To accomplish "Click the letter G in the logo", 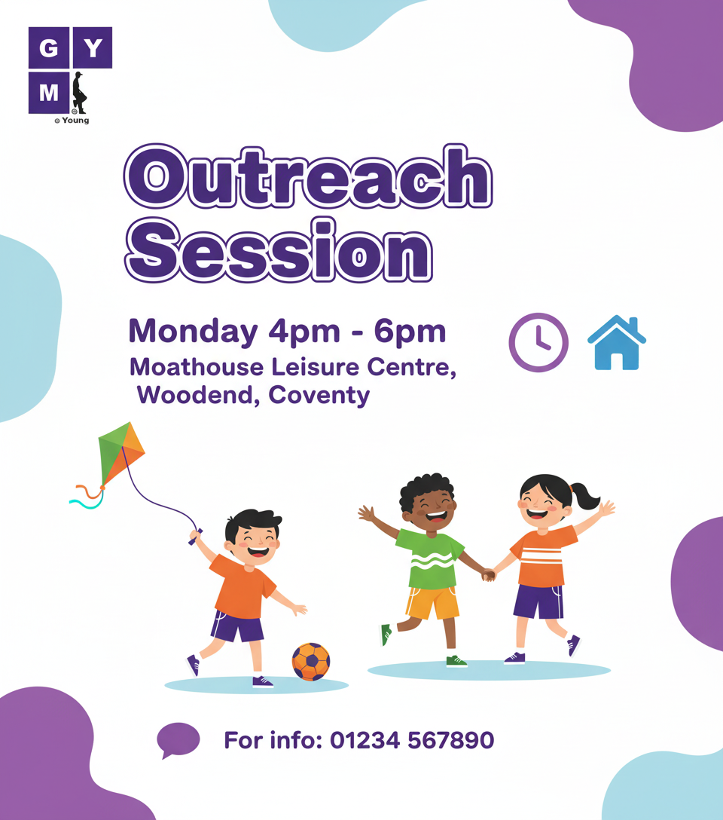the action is [x=49, y=48].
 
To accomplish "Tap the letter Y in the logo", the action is [x=93, y=48].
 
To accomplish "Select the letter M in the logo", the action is [x=49, y=93].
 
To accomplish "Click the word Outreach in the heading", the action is [x=308, y=177].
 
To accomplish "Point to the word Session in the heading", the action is [x=279, y=250].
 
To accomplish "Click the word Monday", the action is [x=194, y=332].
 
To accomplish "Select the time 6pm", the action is [x=410, y=332].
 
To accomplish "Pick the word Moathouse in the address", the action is [x=197, y=366].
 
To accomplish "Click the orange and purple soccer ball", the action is [x=311, y=662].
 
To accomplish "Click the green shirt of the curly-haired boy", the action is [x=430, y=558].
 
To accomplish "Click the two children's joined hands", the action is [x=489, y=575].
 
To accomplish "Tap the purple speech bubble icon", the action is [x=178, y=739].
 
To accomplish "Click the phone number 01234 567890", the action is [x=412, y=740].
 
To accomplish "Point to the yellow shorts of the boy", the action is [x=432, y=603].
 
